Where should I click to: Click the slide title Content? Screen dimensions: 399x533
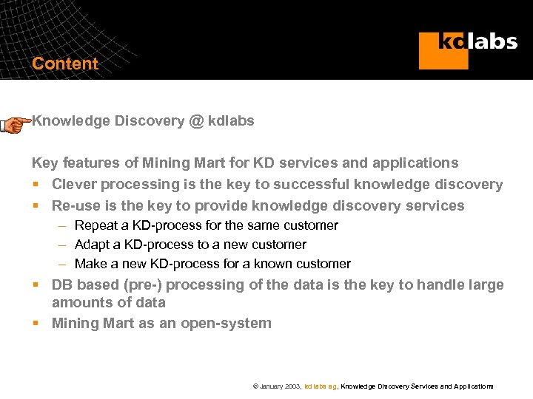pos(65,64)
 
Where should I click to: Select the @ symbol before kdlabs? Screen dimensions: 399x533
pos(195,121)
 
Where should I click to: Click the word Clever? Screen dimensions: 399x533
pos(74,184)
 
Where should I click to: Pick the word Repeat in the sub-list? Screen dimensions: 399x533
pos(96,225)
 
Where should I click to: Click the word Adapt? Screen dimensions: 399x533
pos(93,245)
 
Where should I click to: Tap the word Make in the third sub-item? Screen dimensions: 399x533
pos(91,264)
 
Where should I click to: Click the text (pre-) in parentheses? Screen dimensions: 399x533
pos(133,285)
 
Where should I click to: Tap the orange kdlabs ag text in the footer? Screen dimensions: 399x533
pos(321,386)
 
